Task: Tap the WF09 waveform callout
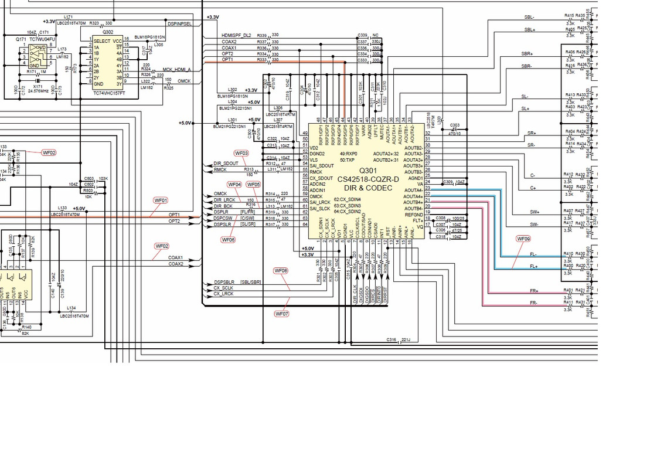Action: pyautogui.click(x=523, y=239)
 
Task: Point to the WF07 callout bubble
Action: pyautogui.click(x=282, y=314)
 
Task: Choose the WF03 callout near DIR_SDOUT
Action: pyautogui.click(x=241, y=153)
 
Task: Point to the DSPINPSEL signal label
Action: pyautogui.click(x=179, y=24)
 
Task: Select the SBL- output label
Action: pyautogui.click(x=529, y=18)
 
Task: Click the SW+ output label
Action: pyautogui.click(x=534, y=212)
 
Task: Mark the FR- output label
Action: pyautogui.click(x=533, y=303)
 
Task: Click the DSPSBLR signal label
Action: pyautogui.click(x=224, y=283)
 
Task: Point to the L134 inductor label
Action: pyautogui.click(x=71, y=308)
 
